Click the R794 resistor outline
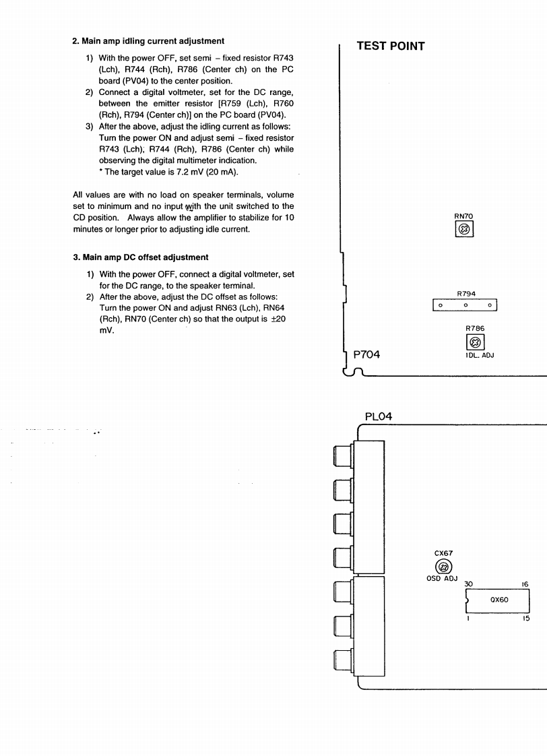464,305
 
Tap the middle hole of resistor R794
464,306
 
